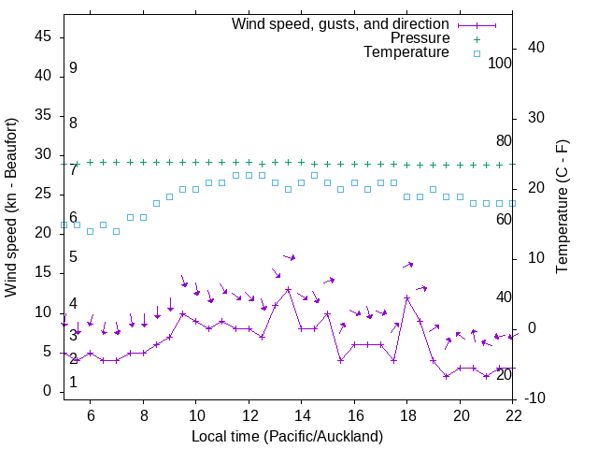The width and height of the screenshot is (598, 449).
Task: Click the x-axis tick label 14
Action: pos(302,414)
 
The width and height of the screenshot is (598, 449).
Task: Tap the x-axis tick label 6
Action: pos(91,414)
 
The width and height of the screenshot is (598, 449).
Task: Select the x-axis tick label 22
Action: pos(513,414)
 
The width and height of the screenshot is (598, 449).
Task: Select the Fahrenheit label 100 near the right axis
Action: pos(500,64)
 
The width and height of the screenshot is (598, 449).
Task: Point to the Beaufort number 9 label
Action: pos(73,68)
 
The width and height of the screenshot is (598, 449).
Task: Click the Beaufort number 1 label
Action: pos(73,383)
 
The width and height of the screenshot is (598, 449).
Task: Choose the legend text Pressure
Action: pos(420,38)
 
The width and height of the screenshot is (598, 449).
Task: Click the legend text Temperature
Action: pos(406,52)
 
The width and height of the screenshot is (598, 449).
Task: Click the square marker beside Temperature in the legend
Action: pos(476,53)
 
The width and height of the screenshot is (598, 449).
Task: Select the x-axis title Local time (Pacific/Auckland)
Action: pos(288,436)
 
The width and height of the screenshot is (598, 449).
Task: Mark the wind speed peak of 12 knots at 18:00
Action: pos(407,297)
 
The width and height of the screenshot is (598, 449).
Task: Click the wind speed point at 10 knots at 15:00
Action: pos(328,313)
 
